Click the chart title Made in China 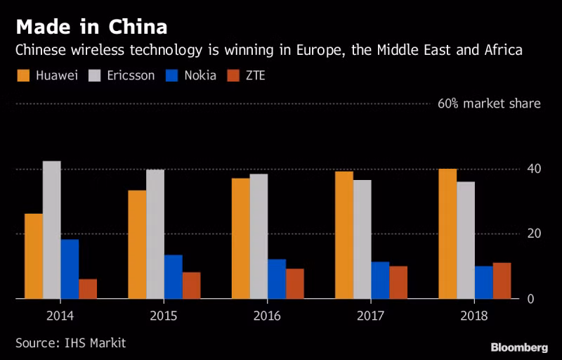pyautogui.click(x=91, y=27)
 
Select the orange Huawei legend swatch pyautogui.click(x=23, y=75)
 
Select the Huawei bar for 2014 pyautogui.click(x=34, y=256)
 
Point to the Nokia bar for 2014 pyautogui.click(x=70, y=269)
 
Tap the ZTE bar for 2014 pyautogui.click(x=88, y=288)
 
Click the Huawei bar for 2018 pyautogui.click(x=447, y=233)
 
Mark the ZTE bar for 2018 pyautogui.click(x=502, y=281)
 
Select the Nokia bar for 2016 pyautogui.click(x=277, y=278)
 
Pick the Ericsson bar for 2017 pyautogui.click(x=362, y=239)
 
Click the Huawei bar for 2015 pyautogui.click(x=137, y=244)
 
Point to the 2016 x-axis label pyautogui.click(x=266, y=316)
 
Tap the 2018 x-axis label pyautogui.click(x=473, y=316)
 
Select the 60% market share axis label pyautogui.click(x=489, y=104)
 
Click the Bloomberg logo pyautogui.click(x=519, y=347)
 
